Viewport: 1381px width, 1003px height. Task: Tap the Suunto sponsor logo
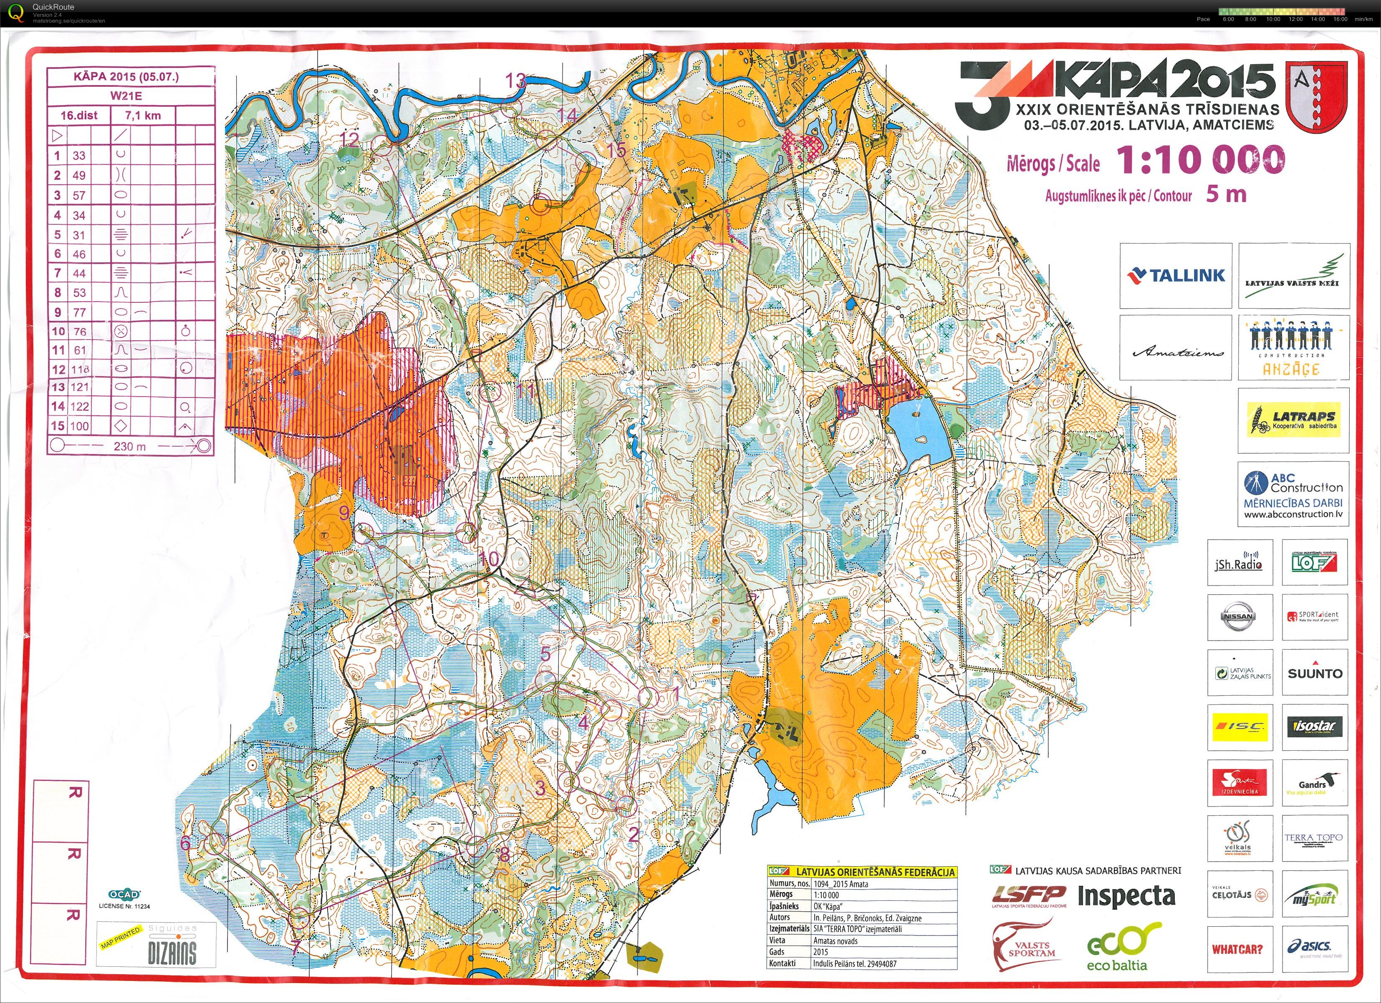(1315, 673)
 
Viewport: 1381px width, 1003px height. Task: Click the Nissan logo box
(1239, 616)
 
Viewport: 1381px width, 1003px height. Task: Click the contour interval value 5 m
(1226, 194)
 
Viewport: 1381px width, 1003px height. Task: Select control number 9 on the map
(344, 513)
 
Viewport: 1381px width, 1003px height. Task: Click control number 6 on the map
(186, 843)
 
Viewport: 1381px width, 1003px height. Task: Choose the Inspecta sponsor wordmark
(1126, 895)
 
